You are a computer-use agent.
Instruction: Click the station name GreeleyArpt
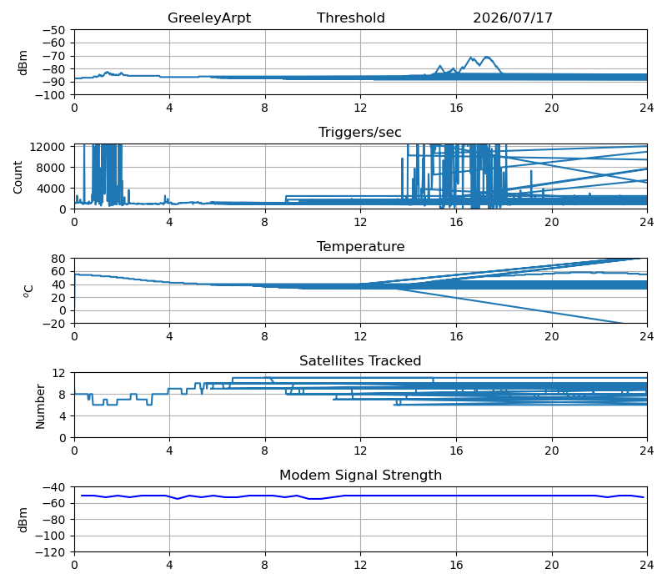coord(209,18)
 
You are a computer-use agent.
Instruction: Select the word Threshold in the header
coord(350,18)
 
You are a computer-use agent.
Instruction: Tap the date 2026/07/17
coord(513,18)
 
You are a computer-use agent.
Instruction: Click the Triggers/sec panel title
coord(360,133)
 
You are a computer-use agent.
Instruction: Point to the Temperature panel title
coord(360,246)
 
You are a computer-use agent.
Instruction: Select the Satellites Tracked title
coord(360,360)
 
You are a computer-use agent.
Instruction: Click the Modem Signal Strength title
coord(360,475)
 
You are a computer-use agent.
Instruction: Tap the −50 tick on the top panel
coord(53,30)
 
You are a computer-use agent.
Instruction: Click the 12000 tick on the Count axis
coord(48,147)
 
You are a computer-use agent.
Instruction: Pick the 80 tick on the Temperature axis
coord(59,259)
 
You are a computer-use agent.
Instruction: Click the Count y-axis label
coord(18,177)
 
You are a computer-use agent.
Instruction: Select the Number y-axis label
coord(40,406)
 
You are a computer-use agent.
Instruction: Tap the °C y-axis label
coord(28,290)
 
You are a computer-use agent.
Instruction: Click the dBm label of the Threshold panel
coord(23,63)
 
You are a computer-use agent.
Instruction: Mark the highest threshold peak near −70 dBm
coord(486,57)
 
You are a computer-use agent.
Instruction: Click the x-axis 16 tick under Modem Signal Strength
coord(456,566)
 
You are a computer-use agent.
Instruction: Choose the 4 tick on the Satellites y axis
coord(63,416)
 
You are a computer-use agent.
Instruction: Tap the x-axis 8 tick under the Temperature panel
coord(264,337)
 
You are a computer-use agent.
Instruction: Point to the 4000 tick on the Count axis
coord(51,189)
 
